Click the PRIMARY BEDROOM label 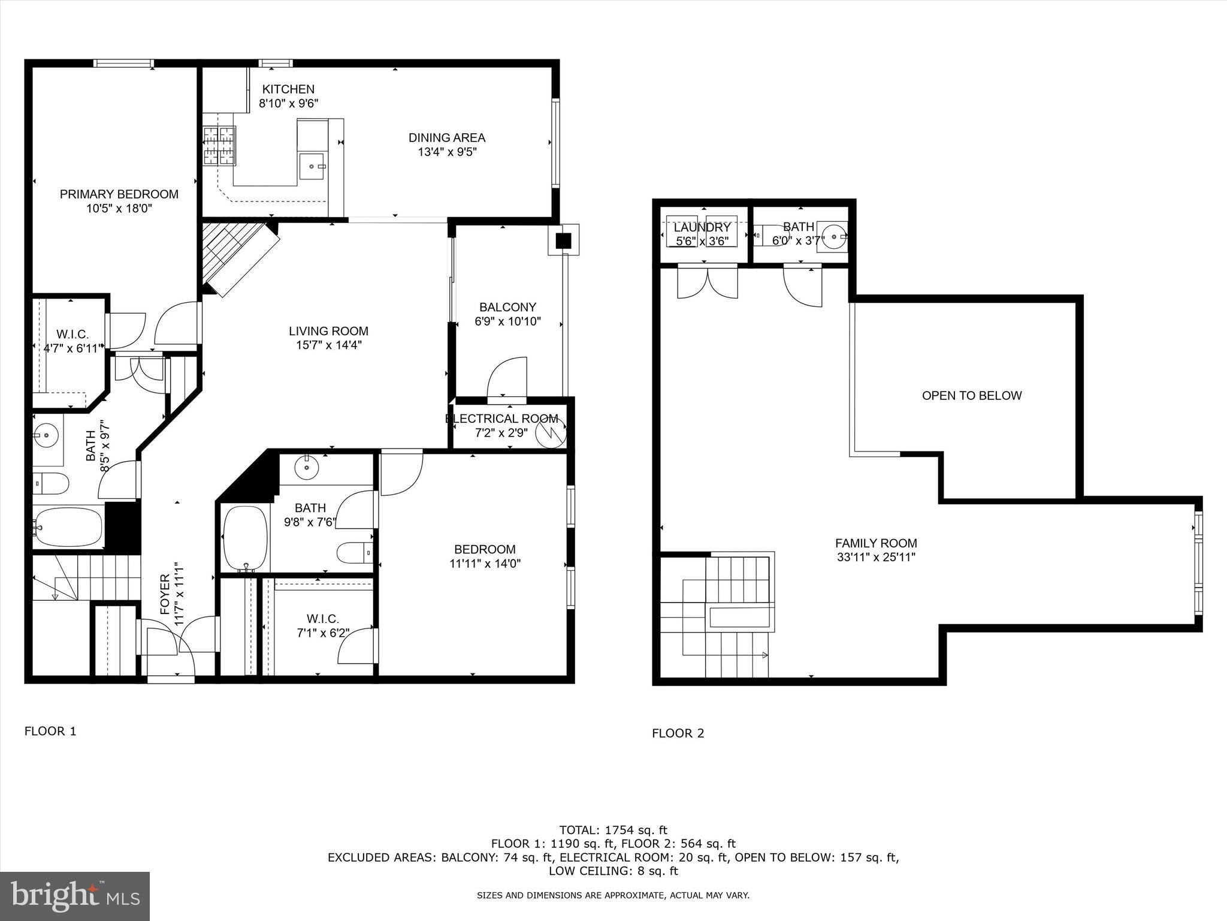point(119,194)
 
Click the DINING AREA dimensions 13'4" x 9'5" point(447,152)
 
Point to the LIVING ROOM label point(328,331)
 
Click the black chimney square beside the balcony point(563,240)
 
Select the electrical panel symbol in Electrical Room point(550,433)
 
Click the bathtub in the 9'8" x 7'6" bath point(245,538)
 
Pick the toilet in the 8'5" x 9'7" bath point(52,483)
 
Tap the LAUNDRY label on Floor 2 point(702,228)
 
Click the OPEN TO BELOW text point(971,396)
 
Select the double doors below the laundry point(708,282)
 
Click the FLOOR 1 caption point(50,731)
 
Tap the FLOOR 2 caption point(678,733)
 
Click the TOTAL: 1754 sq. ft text point(613,830)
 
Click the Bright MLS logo point(75,896)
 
